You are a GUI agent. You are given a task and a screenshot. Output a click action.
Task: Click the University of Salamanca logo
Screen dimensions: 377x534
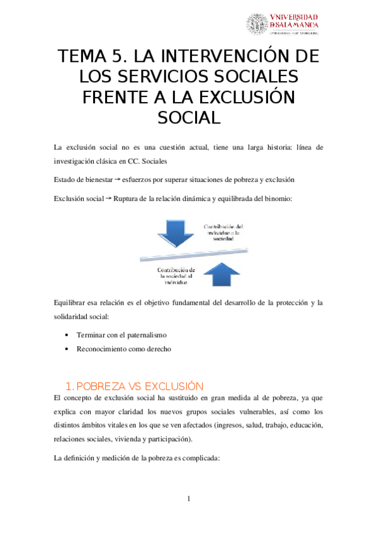tap(282, 25)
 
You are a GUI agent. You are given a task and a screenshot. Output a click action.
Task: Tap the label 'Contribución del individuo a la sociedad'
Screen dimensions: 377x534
tap(223, 234)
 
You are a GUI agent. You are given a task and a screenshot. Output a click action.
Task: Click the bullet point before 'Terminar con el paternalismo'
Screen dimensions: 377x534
tap(67, 334)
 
